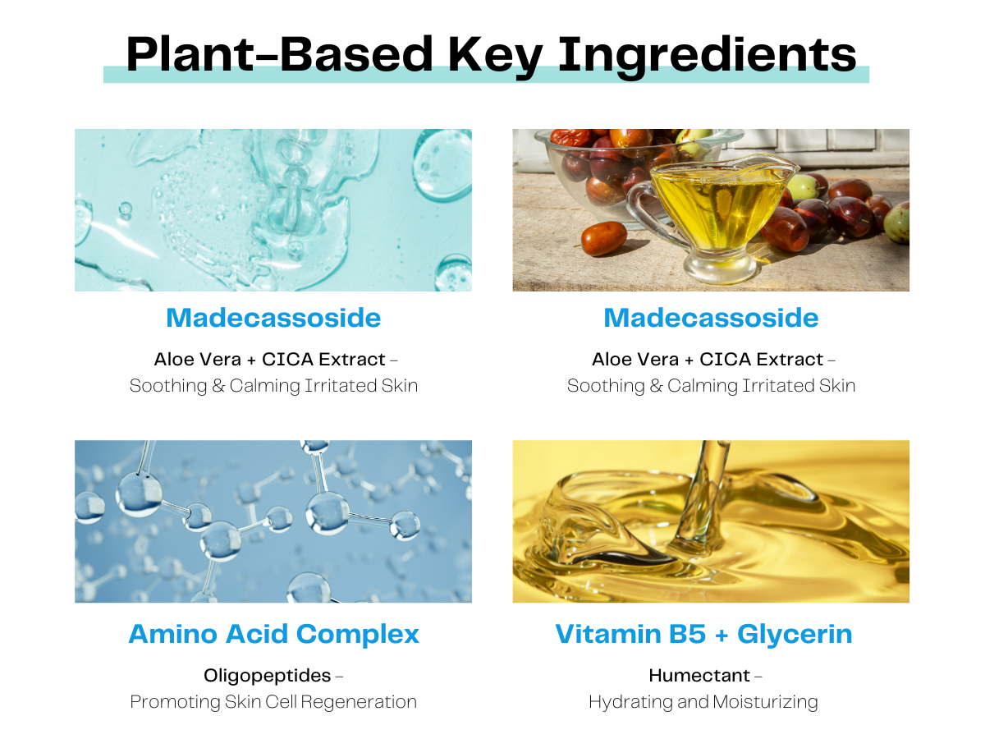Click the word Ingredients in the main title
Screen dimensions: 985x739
[708, 56]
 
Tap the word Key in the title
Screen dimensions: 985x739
[495, 56]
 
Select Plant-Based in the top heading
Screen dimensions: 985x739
[279, 54]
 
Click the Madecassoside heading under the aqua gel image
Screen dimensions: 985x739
[273, 318]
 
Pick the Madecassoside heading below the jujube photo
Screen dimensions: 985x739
[711, 318]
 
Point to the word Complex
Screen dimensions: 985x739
[358, 635]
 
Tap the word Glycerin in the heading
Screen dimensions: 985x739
[795, 635]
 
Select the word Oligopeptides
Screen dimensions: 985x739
[267, 676]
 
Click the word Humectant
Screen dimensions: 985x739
[699, 675]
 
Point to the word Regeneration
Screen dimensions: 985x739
[359, 702]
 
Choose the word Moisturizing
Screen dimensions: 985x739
[765, 702]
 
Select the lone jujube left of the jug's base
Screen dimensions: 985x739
[604, 238]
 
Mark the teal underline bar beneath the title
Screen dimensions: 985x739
[486, 75]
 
